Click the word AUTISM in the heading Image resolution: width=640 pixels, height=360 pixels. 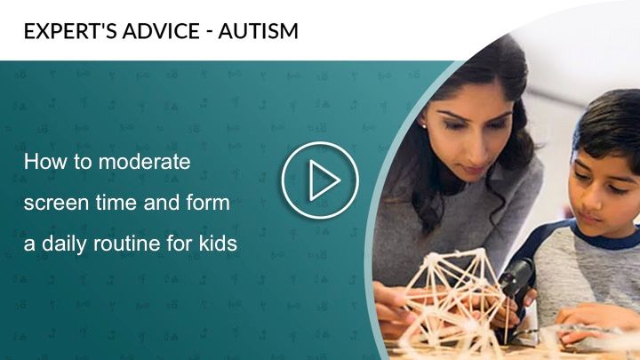pos(258,31)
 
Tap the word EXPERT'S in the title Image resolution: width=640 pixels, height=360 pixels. pos(70,31)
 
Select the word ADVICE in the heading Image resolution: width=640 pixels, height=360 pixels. pos(161,31)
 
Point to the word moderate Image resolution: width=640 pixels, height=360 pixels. pos(145,162)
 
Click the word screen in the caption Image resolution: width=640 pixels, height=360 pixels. pos(56,204)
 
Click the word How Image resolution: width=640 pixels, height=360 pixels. pos(45,162)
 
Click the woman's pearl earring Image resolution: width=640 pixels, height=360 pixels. pos(424,126)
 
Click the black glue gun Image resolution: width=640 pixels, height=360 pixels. pos(515,285)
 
